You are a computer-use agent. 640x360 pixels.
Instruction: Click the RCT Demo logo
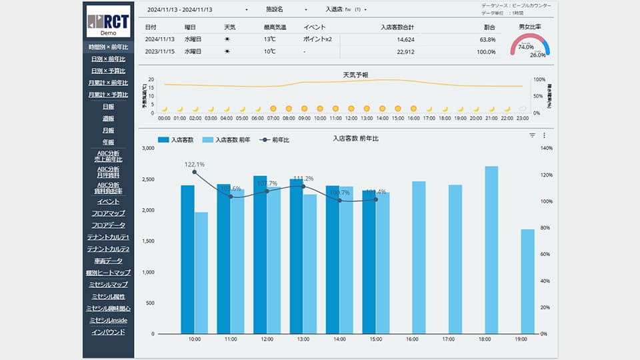coord(108,21)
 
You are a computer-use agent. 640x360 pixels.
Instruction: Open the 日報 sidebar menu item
coord(108,106)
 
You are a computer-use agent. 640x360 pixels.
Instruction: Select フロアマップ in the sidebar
coord(108,213)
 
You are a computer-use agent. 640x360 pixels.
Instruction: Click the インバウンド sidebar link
coord(108,331)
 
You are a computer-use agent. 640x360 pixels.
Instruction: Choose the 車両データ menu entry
coord(108,261)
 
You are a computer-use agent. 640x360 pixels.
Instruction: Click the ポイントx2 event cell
coord(317,39)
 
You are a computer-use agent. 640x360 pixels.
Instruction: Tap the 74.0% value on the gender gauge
coord(525,47)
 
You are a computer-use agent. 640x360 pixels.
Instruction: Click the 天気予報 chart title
coord(355,74)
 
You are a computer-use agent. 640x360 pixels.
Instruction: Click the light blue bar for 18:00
coord(491,250)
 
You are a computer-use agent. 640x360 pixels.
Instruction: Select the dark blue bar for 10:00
coord(188,259)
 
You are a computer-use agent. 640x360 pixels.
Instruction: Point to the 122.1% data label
coord(195,164)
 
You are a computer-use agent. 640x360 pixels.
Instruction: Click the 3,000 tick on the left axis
coord(148,148)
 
